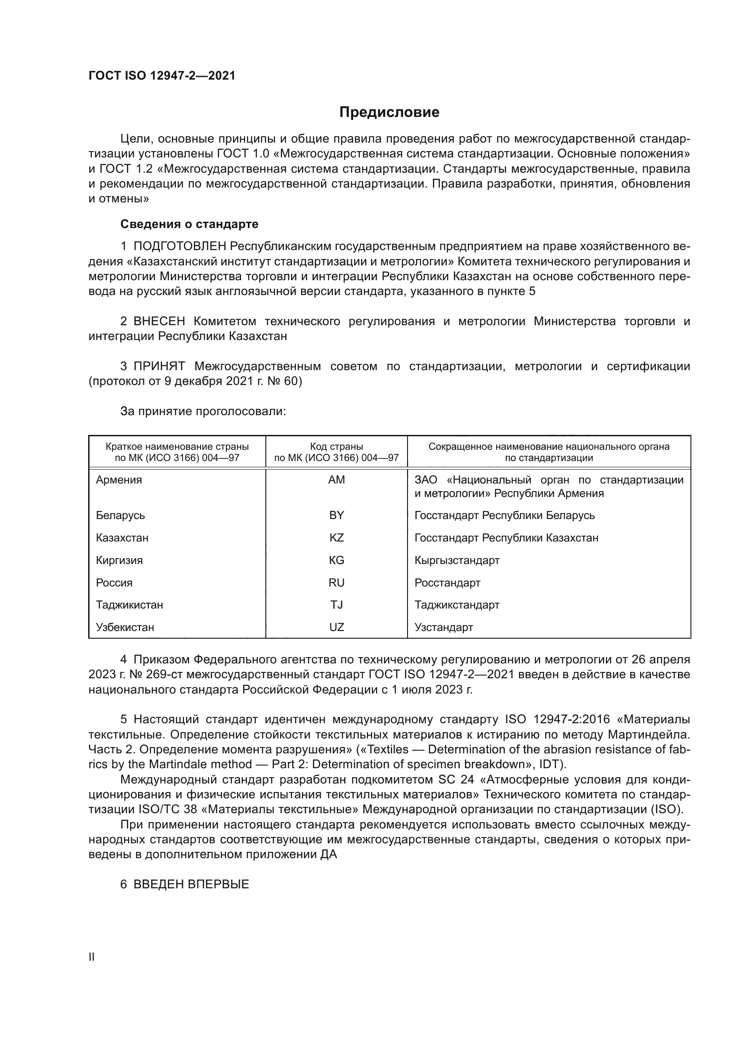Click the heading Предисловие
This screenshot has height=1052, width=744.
(x=389, y=112)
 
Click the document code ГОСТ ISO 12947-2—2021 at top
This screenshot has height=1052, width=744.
(x=162, y=76)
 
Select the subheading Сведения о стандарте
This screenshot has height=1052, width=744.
(x=189, y=224)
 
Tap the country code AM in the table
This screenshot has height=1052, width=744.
(x=336, y=480)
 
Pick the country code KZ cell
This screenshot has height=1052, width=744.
(x=336, y=537)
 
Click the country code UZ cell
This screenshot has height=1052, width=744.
(x=336, y=627)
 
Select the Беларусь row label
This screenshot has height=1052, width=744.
(x=121, y=515)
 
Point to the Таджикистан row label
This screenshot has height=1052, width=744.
(x=129, y=605)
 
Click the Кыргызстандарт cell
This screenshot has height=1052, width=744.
(x=457, y=560)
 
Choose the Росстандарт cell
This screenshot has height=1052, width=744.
(x=447, y=583)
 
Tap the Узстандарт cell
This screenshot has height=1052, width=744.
(x=444, y=627)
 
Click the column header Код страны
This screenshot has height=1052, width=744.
(x=336, y=446)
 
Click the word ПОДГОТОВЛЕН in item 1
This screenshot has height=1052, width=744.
(x=179, y=246)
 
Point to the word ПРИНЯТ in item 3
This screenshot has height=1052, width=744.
(x=159, y=366)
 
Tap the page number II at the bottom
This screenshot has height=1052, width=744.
(x=91, y=957)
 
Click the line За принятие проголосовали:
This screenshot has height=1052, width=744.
(x=203, y=411)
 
